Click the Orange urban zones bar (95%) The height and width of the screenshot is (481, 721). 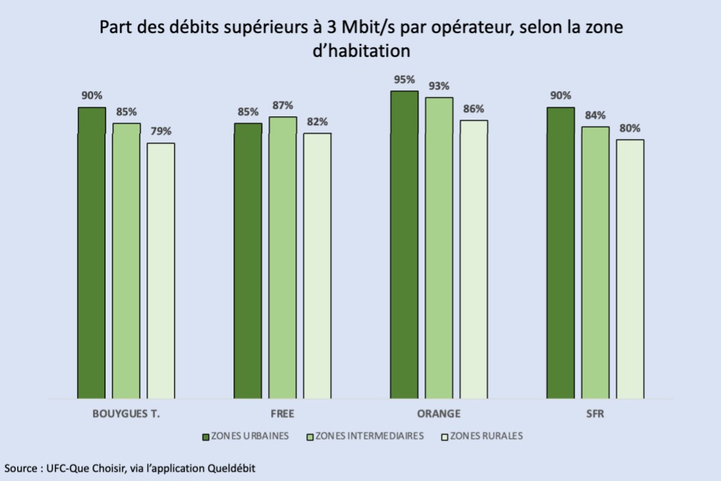[404, 244]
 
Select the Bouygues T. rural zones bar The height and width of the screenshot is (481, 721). [161, 270]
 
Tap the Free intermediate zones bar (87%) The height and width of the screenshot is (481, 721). [283, 257]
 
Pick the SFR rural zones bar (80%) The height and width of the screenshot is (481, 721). [630, 269]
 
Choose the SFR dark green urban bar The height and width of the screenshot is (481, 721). [561, 252]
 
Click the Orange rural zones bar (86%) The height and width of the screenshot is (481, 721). [474, 259]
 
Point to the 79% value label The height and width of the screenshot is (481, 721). [162, 131]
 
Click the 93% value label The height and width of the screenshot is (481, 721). [439, 86]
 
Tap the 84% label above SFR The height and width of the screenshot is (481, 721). [595, 115]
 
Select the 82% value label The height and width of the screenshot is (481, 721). [318, 122]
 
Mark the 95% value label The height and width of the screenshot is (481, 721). [405, 79]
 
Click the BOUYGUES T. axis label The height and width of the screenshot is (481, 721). [126, 415]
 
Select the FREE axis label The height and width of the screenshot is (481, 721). [283, 415]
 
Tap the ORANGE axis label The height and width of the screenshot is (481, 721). [438, 415]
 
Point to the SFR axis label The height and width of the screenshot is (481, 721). [595, 415]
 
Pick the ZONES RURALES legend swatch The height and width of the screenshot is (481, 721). [445, 437]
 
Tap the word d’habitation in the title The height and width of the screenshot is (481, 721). [361, 51]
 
